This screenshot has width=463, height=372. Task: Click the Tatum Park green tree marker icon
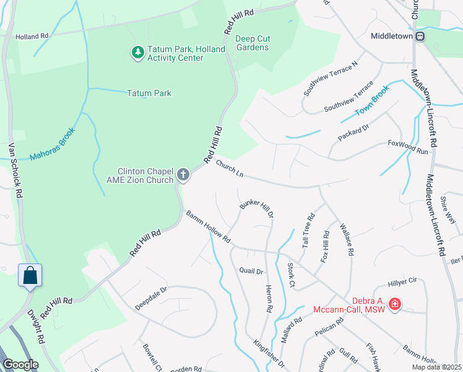(137, 53)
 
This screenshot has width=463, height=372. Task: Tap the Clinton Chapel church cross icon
(183, 175)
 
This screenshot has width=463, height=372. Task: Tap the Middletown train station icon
(420, 36)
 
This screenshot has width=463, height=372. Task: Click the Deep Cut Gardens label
(252, 43)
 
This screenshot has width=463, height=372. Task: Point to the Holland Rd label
(32, 37)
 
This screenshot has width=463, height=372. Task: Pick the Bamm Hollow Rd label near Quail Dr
(208, 226)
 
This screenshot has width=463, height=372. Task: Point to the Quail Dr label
(251, 271)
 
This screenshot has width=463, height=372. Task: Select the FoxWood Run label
(407, 147)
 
